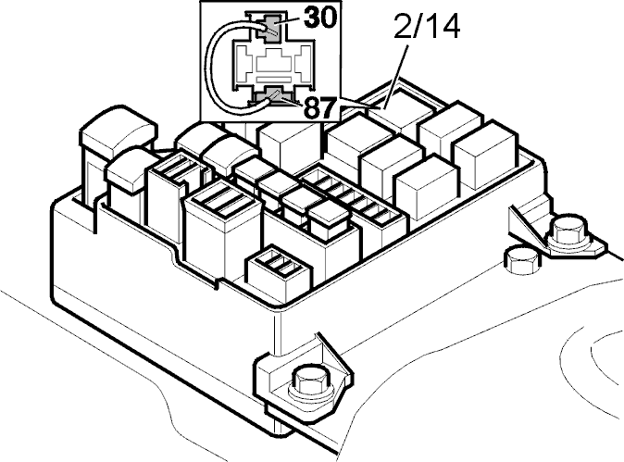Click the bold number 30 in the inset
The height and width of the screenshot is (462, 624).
[320, 18]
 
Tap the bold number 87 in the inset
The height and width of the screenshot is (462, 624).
[319, 107]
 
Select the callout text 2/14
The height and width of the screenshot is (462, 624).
[427, 27]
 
